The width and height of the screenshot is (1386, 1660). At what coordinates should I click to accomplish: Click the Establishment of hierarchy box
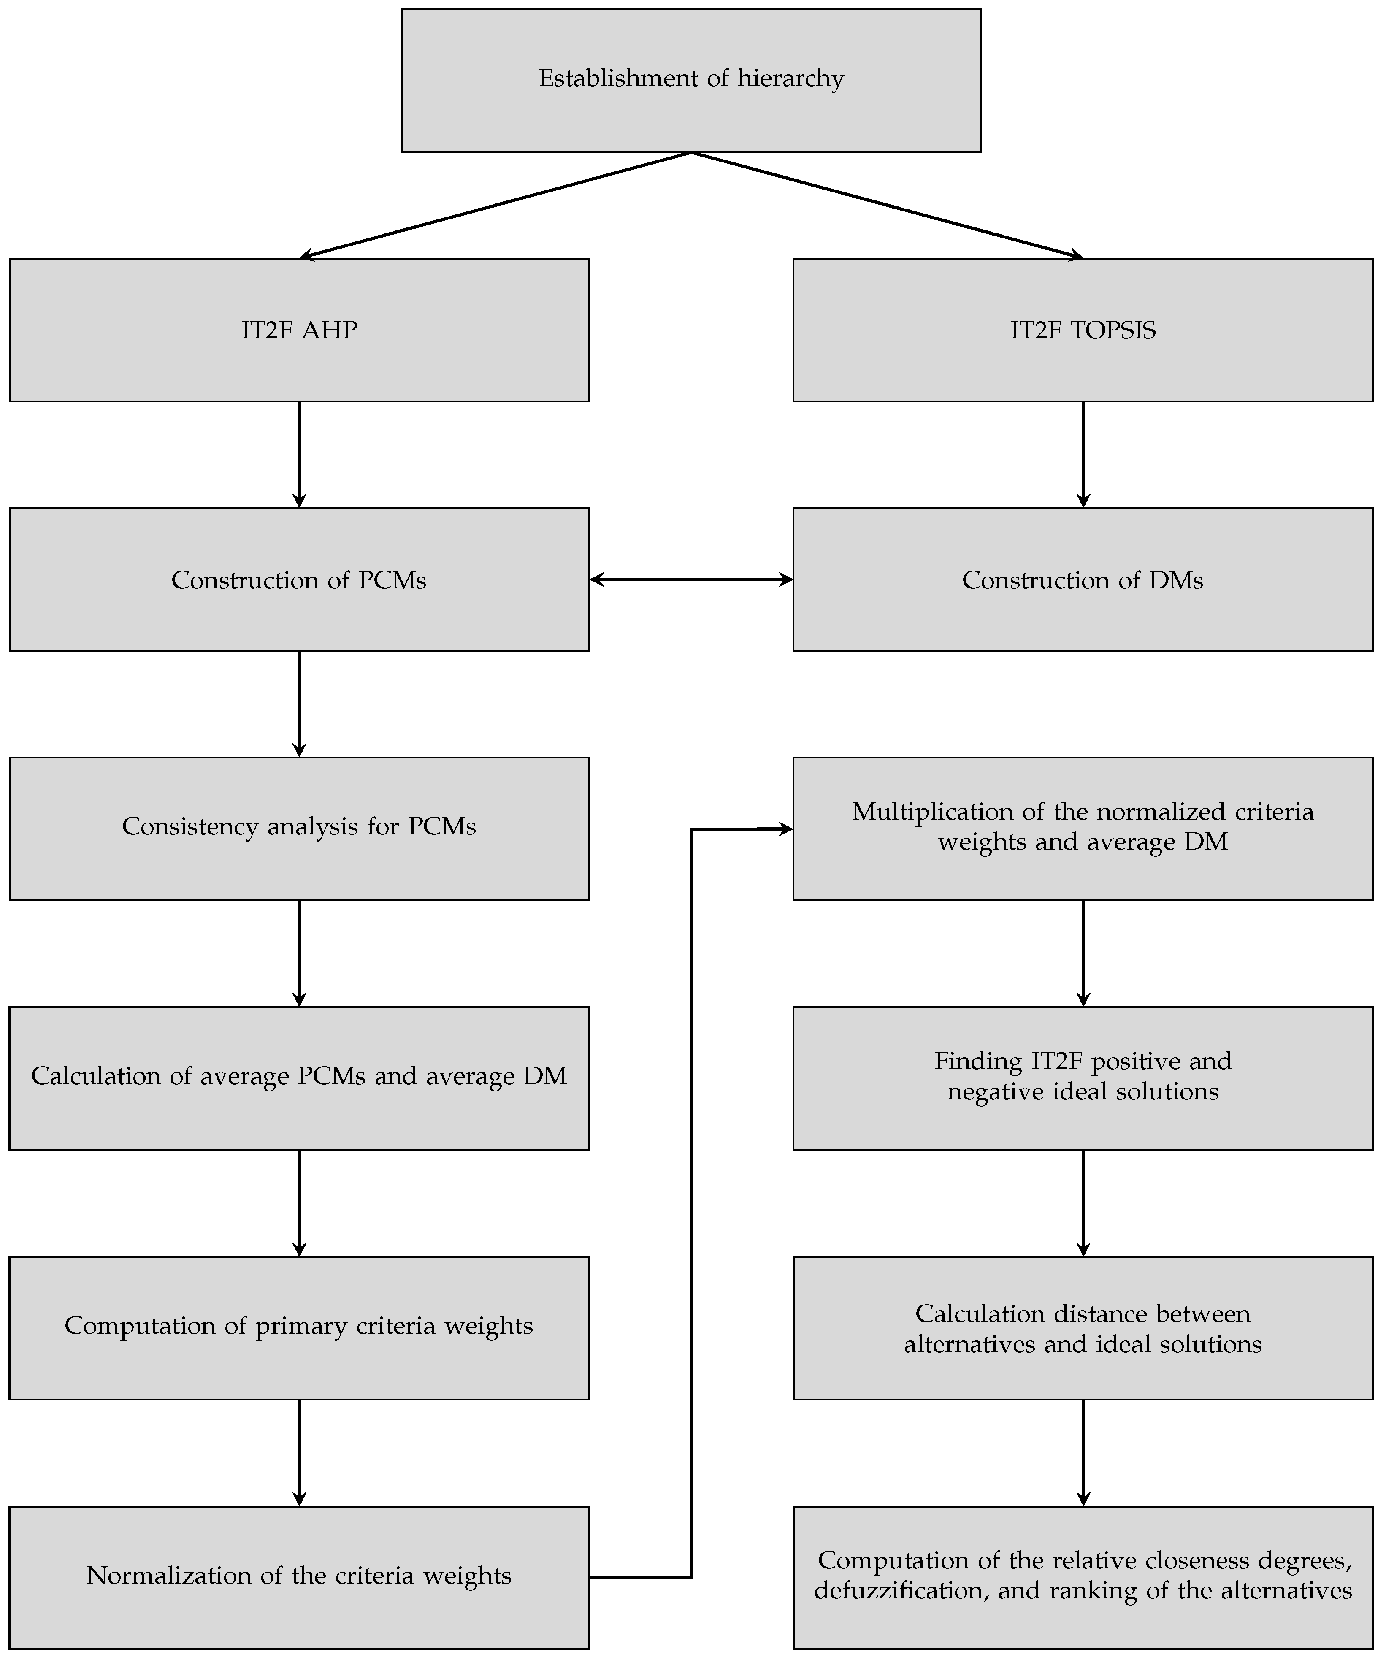[691, 80]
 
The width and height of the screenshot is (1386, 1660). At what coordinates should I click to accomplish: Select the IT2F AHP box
[299, 330]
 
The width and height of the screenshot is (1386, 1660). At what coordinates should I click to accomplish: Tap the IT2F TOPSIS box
[1083, 330]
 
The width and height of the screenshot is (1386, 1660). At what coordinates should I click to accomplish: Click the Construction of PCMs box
[299, 580]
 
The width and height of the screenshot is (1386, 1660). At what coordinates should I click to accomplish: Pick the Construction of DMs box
[1083, 580]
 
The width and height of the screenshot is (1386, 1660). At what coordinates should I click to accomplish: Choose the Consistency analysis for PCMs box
[299, 829]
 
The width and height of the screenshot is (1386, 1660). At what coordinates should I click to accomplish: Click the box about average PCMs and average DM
[299, 1078]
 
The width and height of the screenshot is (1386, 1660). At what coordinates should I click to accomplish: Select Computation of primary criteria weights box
[299, 1328]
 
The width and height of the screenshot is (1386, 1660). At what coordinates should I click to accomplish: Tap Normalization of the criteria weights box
[299, 1577]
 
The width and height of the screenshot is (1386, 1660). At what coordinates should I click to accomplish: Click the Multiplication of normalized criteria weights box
[1083, 829]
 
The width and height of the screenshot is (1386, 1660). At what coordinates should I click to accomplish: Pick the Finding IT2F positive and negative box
[1083, 1078]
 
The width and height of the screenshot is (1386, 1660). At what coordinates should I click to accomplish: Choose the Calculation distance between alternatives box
[1083, 1328]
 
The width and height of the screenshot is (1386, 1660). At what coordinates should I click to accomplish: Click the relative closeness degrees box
[1083, 1577]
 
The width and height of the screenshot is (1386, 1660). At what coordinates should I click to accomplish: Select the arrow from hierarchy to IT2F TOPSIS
[887, 205]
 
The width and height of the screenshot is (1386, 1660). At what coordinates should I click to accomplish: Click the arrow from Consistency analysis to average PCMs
[299, 953]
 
